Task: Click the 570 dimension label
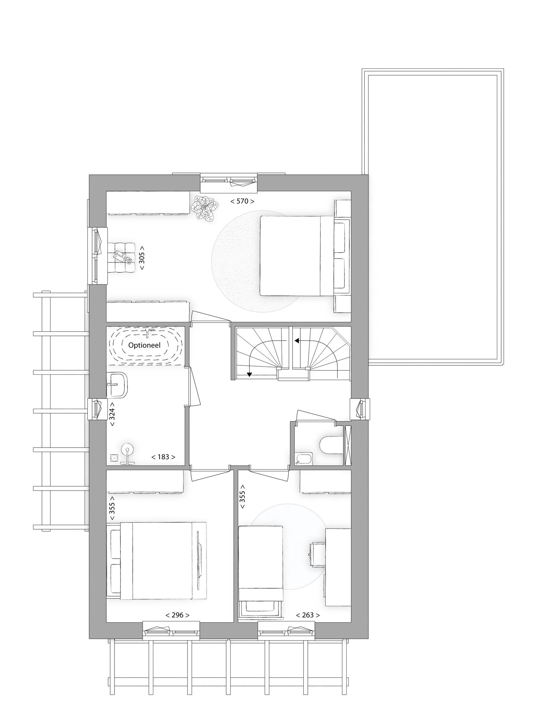point(242,201)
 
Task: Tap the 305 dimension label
point(142,258)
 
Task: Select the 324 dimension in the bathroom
point(112,414)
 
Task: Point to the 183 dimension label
point(163,457)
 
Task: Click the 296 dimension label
point(177,615)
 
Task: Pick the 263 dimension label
point(308,615)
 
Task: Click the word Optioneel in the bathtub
point(144,345)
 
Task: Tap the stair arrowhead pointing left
point(296,341)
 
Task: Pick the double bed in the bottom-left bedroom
point(156,561)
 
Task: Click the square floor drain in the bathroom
point(114,458)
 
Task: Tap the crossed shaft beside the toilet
point(348,445)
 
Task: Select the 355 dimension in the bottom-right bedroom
point(243,497)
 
